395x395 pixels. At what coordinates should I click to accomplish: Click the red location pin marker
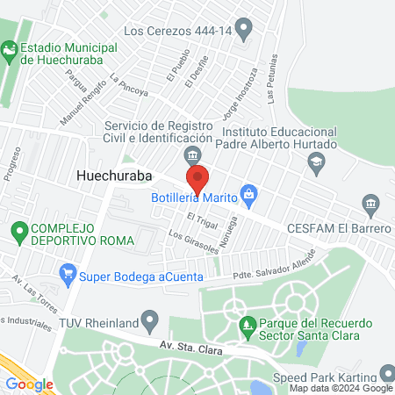[198, 179]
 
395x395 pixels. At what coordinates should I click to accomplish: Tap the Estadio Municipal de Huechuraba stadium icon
[11, 53]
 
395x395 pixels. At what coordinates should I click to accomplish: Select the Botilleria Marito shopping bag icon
[249, 193]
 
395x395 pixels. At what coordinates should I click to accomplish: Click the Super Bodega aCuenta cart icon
[67, 275]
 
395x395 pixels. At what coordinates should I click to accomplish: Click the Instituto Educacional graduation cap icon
[316, 161]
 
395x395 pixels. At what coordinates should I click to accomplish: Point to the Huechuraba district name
[114, 175]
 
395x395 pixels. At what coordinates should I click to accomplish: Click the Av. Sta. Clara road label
[190, 347]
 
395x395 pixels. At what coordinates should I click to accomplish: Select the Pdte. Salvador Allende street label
[271, 272]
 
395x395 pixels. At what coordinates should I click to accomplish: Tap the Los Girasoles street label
[194, 242]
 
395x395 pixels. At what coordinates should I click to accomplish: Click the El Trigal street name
[201, 218]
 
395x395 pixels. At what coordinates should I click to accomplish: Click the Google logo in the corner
[30, 383]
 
